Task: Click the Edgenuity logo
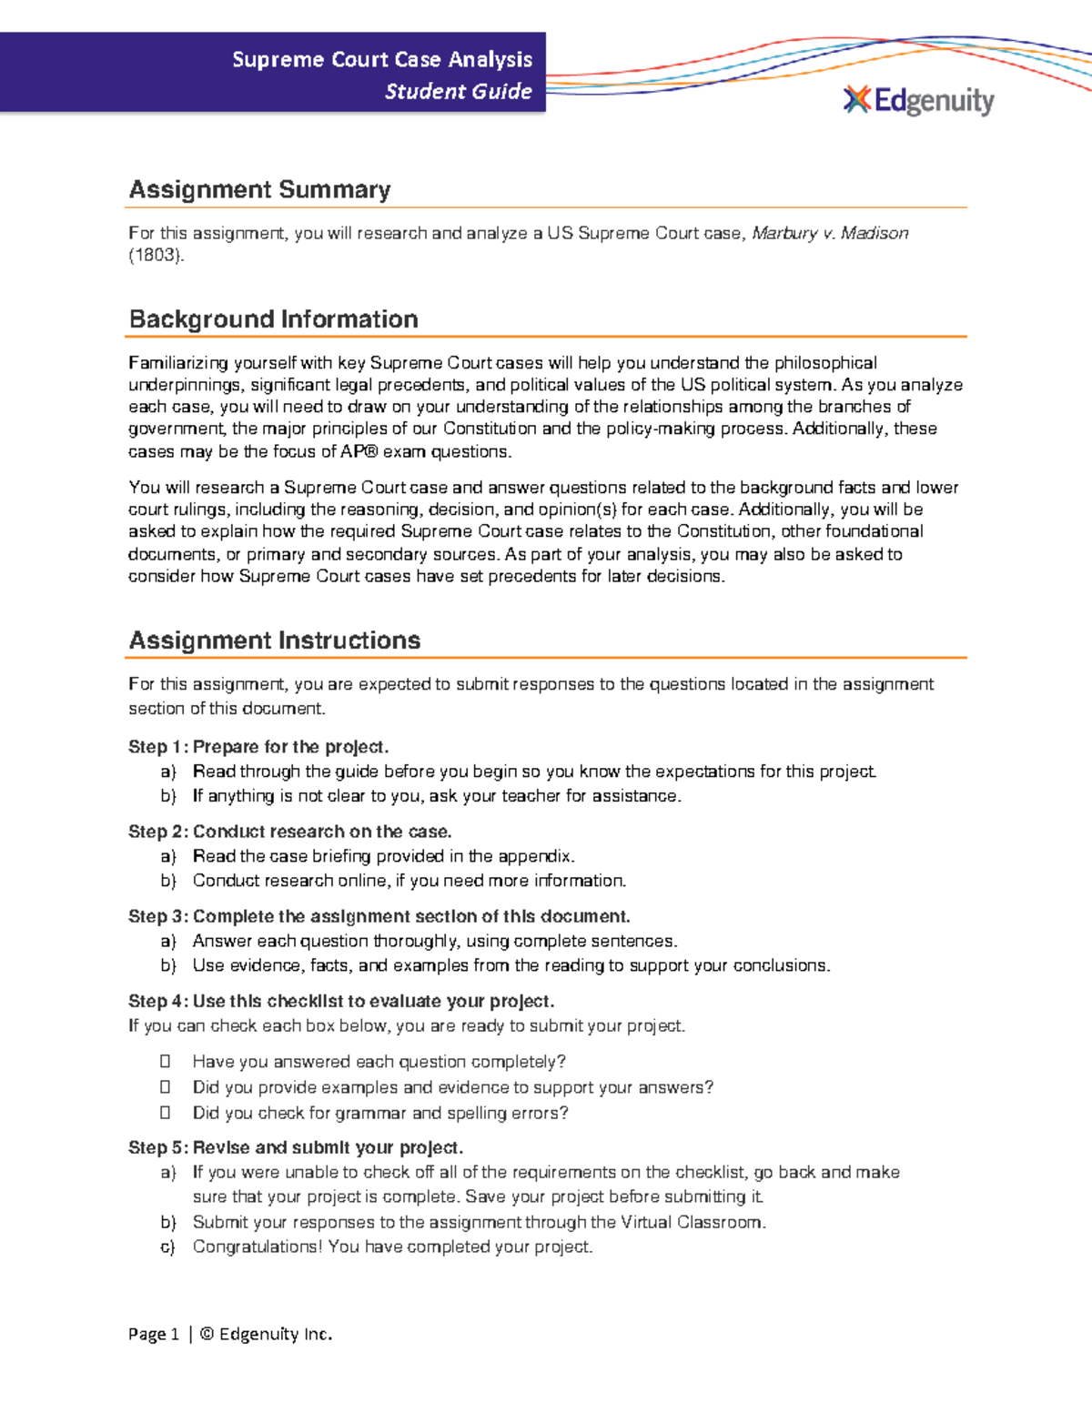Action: (919, 100)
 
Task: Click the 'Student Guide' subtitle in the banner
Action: (458, 91)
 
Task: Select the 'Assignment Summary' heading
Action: (259, 189)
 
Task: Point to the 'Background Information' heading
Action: (273, 319)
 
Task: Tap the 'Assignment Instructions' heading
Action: (274, 641)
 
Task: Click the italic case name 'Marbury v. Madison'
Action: (829, 233)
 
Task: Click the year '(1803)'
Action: (156, 256)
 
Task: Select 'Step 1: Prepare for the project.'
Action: (258, 747)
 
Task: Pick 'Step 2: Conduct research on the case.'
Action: (289, 832)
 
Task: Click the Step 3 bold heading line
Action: (379, 916)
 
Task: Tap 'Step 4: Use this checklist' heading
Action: (340, 1001)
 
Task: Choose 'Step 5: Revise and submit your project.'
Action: (296, 1147)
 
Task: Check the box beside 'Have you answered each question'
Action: (166, 1061)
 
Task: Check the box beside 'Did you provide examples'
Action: (166, 1086)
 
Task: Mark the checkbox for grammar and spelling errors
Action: (166, 1112)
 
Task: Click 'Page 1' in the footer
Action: (153, 1334)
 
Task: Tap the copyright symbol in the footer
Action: (207, 1334)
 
